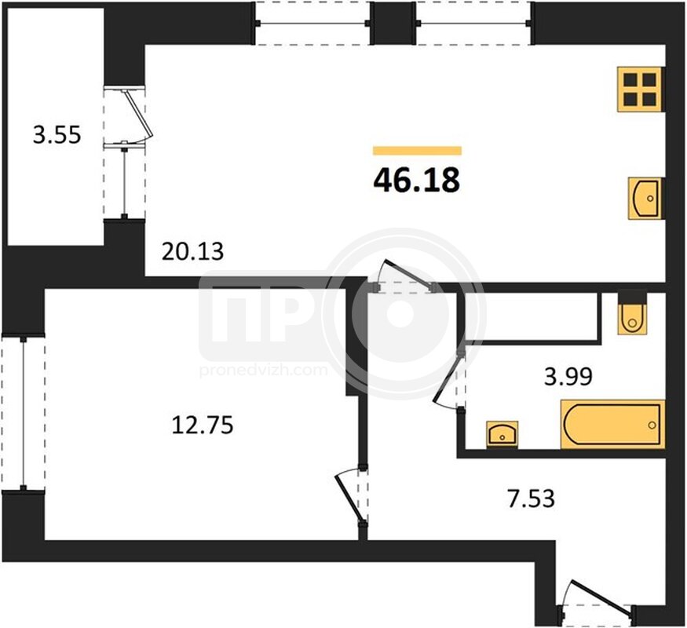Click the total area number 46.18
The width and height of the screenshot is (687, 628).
pyautogui.click(x=417, y=180)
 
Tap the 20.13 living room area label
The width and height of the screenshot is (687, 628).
pyautogui.click(x=193, y=251)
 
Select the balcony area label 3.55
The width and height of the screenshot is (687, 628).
pyautogui.click(x=57, y=135)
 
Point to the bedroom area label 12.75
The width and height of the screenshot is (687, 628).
pyautogui.click(x=203, y=425)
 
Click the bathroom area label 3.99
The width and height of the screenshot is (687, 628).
pyautogui.click(x=568, y=376)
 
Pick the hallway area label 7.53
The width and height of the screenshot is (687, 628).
pyautogui.click(x=532, y=498)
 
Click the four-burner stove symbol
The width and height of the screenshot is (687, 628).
pyautogui.click(x=641, y=89)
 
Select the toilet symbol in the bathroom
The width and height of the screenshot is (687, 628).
pyautogui.click(x=632, y=315)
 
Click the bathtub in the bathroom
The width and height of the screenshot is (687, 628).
pyautogui.click(x=612, y=425)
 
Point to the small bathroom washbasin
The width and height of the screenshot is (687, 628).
pyautogui.click(x=502, y=434)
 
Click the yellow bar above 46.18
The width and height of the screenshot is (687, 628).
pyautogui.click(x=417, y=151)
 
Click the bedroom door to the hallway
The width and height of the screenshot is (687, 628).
pyautogui.click(x=350, y=496)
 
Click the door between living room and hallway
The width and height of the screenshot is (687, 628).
pyautogui.click(x=405, y=275)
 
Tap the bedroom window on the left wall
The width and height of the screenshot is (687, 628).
pyautogui.click(x=24, y=413)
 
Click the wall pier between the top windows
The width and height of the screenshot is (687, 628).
pyautogui.click(x=394, y=22)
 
